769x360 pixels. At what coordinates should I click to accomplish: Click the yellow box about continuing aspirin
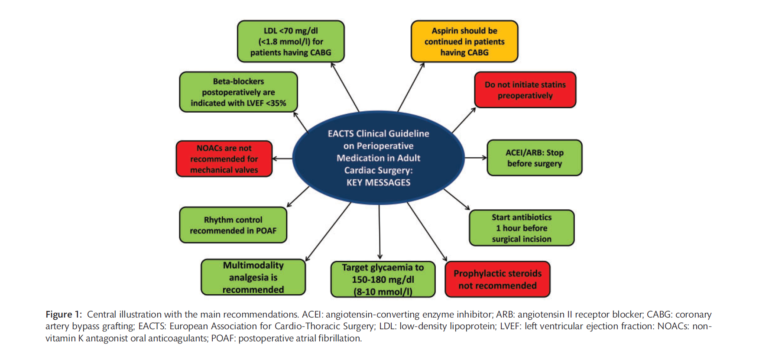click(464, 42)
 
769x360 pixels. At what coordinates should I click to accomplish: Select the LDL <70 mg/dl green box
click(291, 42)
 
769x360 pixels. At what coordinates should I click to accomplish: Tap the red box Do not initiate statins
click(525, 90)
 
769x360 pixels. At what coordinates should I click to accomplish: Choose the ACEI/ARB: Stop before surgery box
click(534, 158)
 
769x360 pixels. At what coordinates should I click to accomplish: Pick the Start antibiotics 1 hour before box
click(522, 228)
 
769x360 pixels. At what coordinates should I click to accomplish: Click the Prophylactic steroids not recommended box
click(497, 279)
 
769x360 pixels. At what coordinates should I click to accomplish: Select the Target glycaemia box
click(383, 279)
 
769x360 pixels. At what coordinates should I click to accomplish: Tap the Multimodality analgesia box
click(253, 277)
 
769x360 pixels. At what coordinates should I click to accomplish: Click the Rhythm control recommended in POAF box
click(233, 225)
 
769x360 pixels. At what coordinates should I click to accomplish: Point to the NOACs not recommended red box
click(224, 159)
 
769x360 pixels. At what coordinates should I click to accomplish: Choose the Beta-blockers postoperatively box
click(238, 92)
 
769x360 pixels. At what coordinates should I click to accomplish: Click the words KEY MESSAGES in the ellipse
click(378, 182)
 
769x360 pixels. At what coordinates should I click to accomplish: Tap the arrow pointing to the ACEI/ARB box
click(476, 158)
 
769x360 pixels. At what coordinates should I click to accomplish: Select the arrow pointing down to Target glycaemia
click(380, 232)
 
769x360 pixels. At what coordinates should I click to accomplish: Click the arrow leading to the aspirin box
click(411, 87)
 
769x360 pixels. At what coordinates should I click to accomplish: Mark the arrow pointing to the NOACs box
click(282, 159)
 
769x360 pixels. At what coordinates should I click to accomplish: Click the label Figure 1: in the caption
click(63, 315)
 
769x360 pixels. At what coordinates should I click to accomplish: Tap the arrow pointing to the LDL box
click(345, 87)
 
